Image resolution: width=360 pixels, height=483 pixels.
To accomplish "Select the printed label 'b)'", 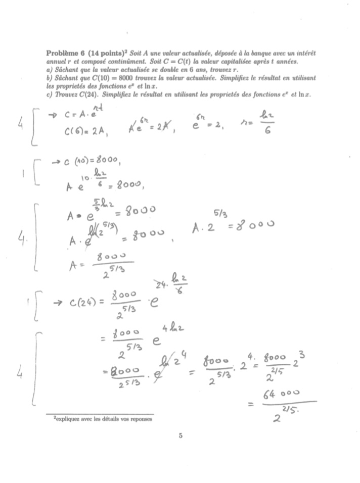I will (49, 78).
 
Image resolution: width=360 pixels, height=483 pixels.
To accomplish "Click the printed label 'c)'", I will (49, 95).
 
